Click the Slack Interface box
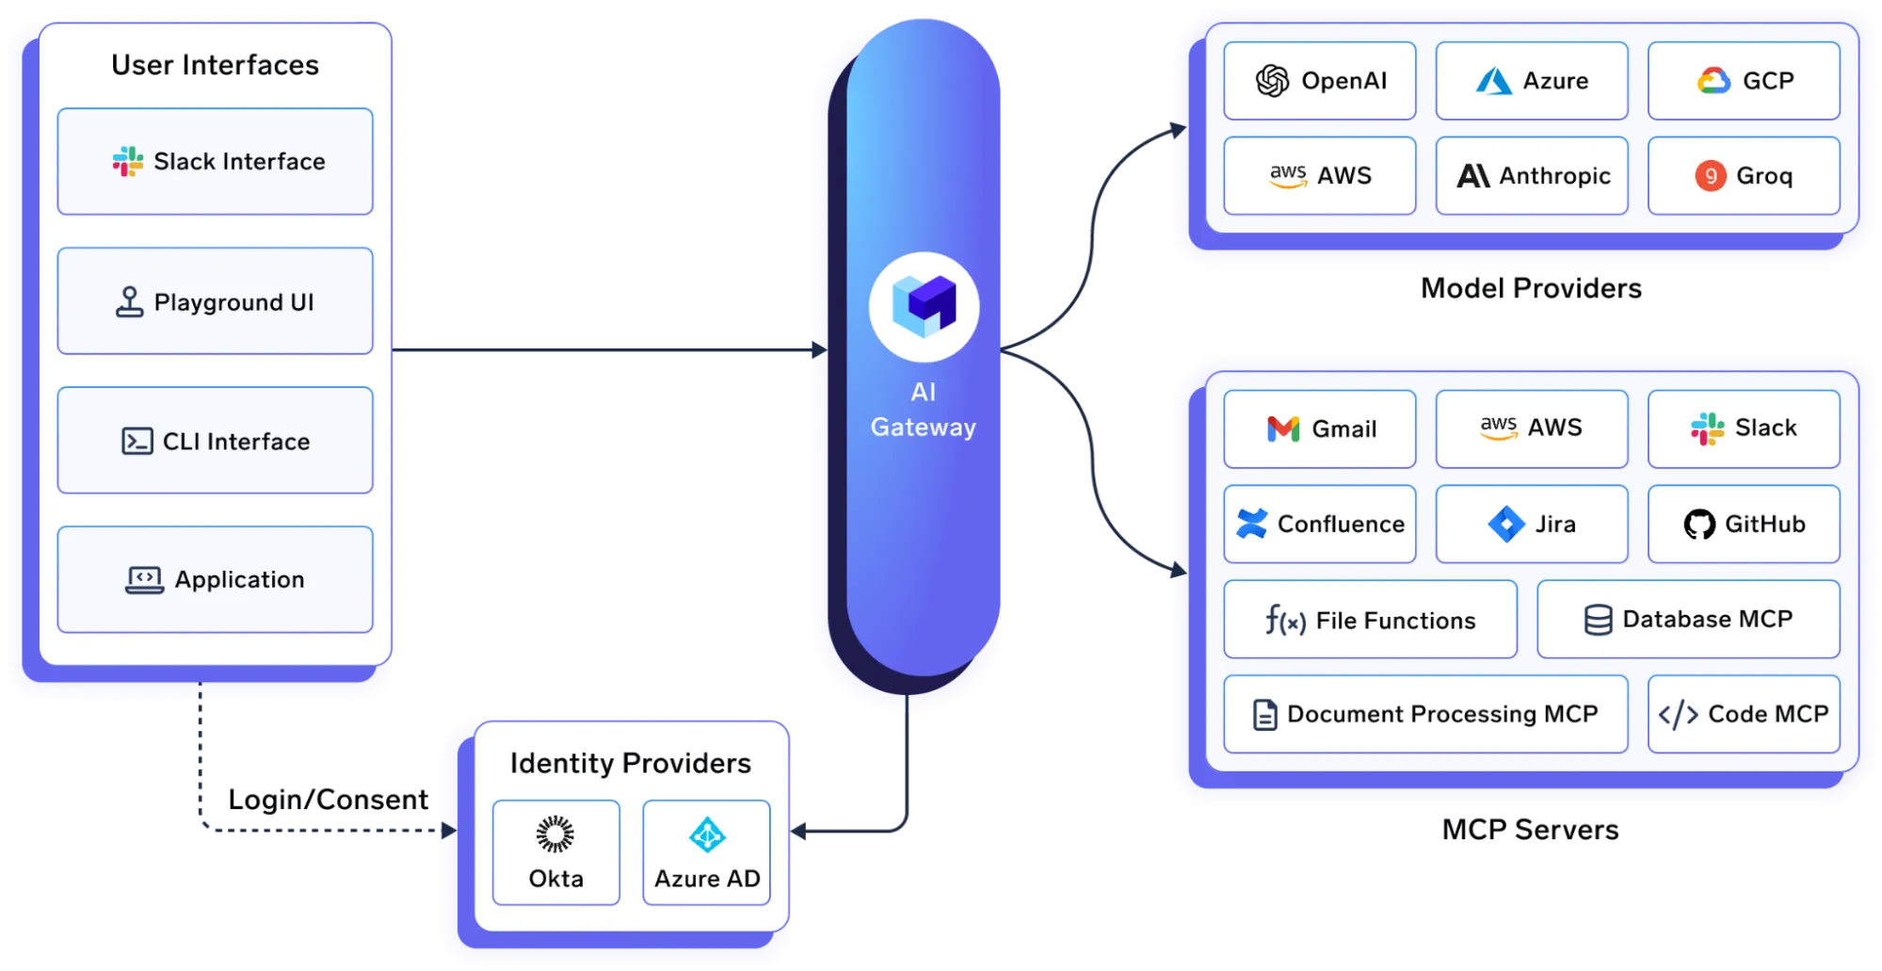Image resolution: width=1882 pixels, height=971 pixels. point(215,161)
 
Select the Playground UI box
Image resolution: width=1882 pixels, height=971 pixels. point(215,301)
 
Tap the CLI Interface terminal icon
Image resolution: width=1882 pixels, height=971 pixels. point(137,441)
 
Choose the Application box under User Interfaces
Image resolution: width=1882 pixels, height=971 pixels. point(215,579)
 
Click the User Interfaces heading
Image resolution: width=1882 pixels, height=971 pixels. point(215,65)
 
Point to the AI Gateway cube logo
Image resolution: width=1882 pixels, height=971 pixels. point(924,306)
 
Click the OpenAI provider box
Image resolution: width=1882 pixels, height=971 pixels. point(1319,81)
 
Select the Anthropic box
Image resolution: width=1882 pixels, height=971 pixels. point(1531,176)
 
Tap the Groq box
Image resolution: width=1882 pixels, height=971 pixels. point(1743,176)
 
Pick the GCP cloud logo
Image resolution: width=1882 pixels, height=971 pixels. point(1713,81)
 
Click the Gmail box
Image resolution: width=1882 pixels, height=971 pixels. point(1319,429)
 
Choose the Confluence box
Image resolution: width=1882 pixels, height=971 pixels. point(1319,525)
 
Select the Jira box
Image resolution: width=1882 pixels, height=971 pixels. point(1531,525)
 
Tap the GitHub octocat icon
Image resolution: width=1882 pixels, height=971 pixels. point(1699,525)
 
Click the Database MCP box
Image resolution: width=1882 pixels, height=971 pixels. point(1687,620)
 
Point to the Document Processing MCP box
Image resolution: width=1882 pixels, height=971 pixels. point(1425,714)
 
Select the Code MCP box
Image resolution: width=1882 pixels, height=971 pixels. point(1743,714)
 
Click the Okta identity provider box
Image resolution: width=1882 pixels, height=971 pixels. point(555,852)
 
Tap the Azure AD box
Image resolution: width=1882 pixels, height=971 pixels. point(706,852)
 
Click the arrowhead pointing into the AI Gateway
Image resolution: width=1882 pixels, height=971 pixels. point(819,350)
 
